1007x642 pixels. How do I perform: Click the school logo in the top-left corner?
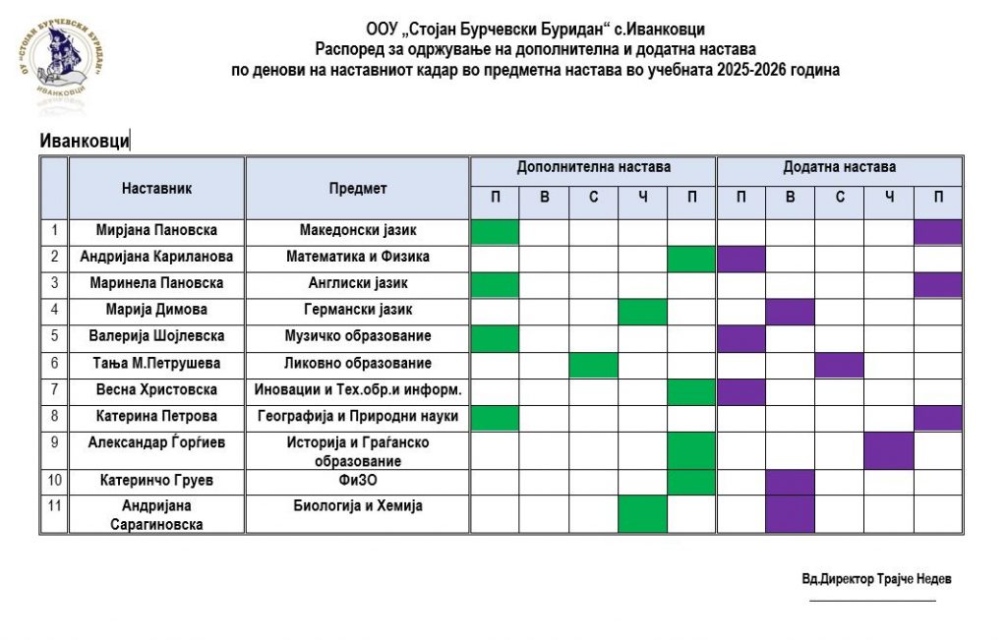tap(61, 62)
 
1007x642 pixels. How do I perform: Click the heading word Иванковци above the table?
tap(85, 141)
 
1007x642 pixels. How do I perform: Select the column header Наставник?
tap(156, 188)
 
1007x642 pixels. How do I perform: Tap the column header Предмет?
tap(358, 188)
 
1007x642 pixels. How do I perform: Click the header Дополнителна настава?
tap(593, 168)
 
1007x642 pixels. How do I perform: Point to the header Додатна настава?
tap(839, 168)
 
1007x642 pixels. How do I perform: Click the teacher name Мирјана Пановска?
tap(156, 231)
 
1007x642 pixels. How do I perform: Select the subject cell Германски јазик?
tap(358, 311)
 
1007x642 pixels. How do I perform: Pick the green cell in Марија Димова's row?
tap(642, 312)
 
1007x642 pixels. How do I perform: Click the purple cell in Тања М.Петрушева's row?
tap(840, 365)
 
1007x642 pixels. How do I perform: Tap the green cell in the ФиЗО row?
tap(692, 482)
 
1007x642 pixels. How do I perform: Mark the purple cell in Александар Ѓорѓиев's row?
tap(889, 450)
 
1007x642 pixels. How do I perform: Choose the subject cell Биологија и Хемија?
tap(358, 506)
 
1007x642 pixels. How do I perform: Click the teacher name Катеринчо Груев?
tap(156, 482)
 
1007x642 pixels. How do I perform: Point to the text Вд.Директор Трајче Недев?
tap(876, 579)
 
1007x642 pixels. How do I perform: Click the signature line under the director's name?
tap(872, 600)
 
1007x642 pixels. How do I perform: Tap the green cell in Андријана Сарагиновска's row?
tap(642, 513)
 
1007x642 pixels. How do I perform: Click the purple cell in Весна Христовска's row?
tap(741, 391)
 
